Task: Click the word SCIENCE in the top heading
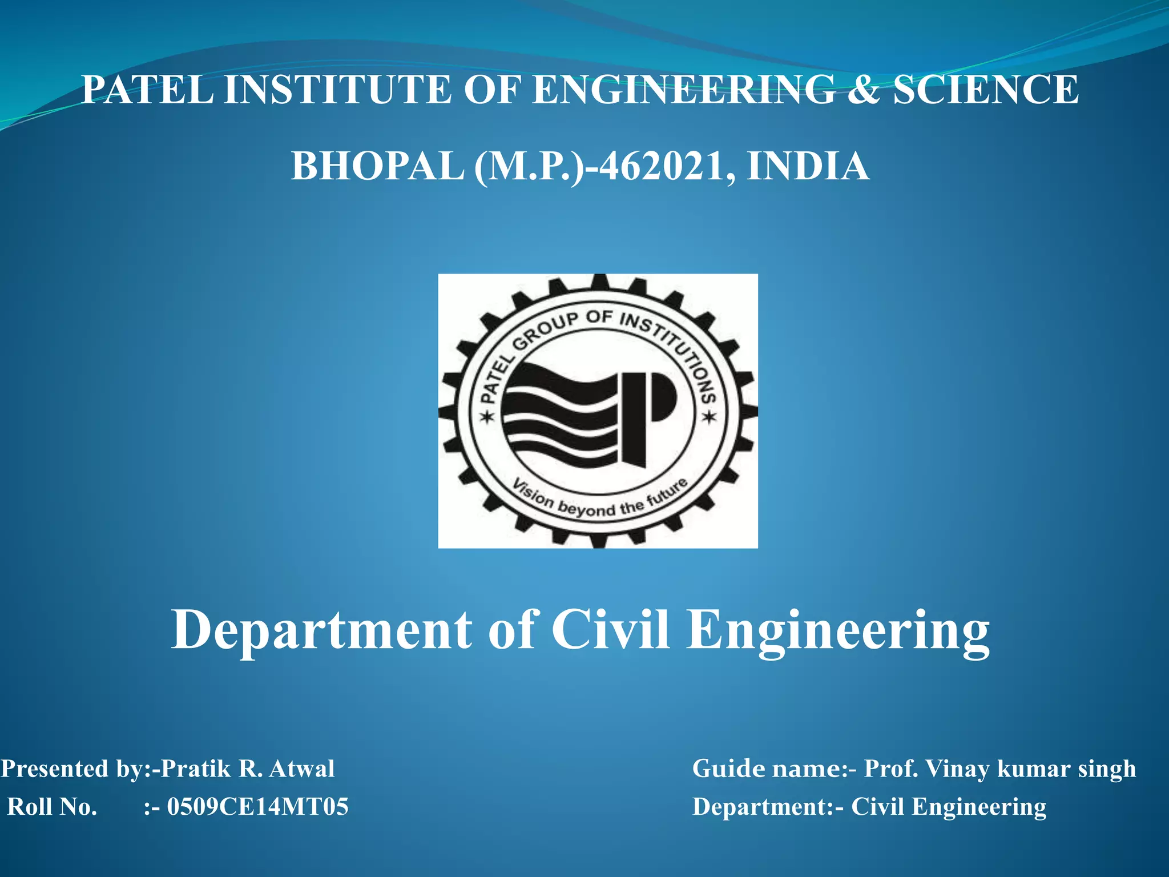click(985, 90)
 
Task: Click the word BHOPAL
click(377, 166)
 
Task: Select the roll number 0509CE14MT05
click(257, 807)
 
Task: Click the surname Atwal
click(302, 769)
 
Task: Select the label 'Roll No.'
click(52, 807)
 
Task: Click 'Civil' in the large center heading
click(610, 629)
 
